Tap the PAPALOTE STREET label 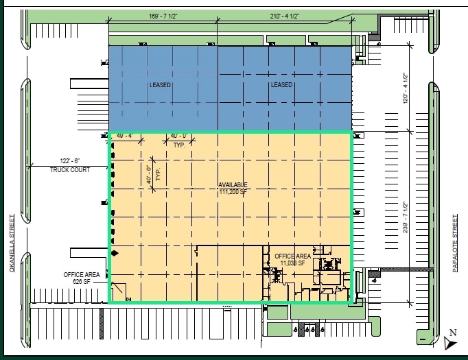455,243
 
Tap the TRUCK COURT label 70,170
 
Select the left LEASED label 160,85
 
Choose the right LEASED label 281,85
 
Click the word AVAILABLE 233,185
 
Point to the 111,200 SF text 233,192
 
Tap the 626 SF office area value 82,281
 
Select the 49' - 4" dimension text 124,136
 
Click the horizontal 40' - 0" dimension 179,136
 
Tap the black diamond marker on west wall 115,254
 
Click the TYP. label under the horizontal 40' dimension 180,145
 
